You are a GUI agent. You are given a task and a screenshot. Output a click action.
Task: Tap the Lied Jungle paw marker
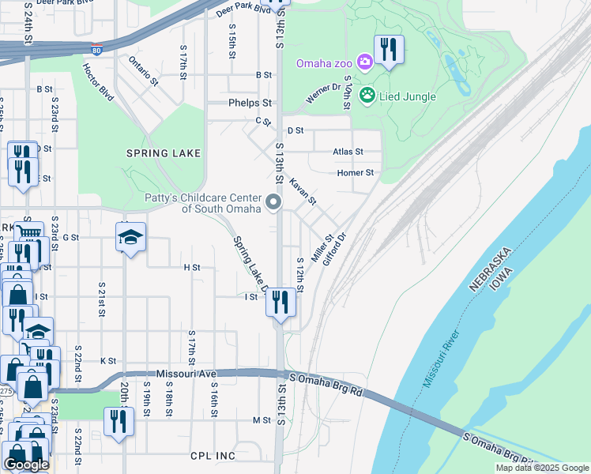pyautogui.click(x=367, y=96)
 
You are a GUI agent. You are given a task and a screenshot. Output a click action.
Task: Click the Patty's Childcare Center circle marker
pyautogui.click(x=274, y=203)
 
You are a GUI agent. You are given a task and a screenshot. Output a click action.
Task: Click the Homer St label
pyautogui.click(x=355, y=172)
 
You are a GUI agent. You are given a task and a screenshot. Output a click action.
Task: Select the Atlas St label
pyautogui.click(x=348, y=152)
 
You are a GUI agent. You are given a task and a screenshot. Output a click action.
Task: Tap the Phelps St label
pyautogui.click(x=250, y=103)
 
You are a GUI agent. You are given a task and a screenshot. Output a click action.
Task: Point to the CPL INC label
pyautogui.click(x=213, y=456)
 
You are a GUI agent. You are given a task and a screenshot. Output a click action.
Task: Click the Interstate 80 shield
pyautogui.click(x=96, y=48)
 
